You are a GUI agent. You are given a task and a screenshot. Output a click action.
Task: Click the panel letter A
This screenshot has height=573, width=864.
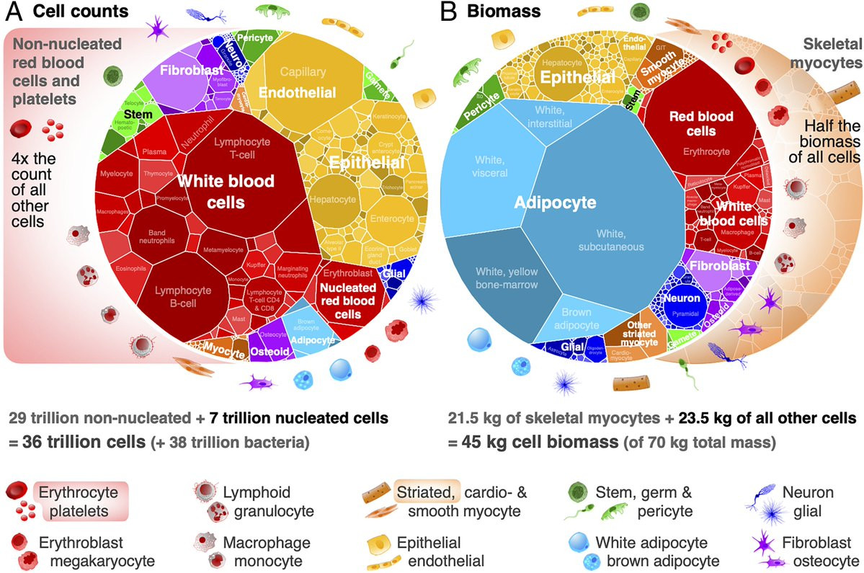(14, 12)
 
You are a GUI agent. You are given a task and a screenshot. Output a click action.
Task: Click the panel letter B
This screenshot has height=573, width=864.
(448, 12)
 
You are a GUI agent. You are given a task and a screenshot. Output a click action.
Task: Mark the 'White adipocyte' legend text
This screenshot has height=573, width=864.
(643, 541)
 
